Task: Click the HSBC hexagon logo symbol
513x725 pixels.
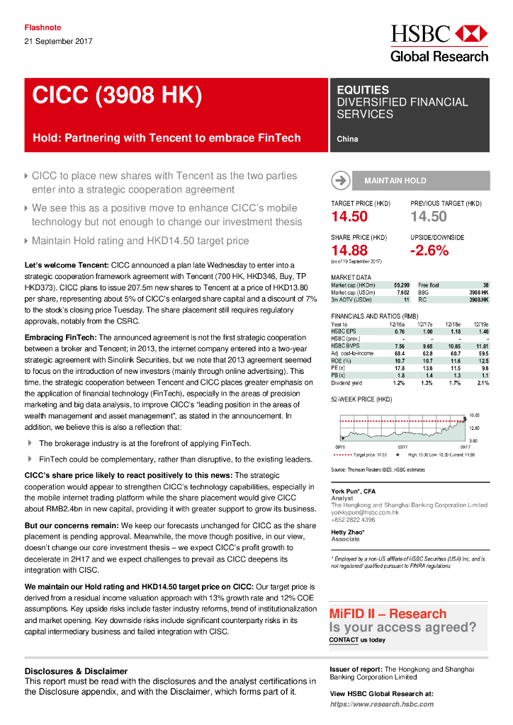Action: pos(471,33)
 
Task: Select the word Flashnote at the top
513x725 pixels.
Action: pos(43,28)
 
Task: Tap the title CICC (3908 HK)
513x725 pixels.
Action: pos(117,96)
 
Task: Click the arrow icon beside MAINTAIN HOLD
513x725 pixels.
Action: pos(341,181)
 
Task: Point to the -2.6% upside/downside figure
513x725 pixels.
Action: pos(429,250)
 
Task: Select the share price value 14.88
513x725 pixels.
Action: pos(349,250)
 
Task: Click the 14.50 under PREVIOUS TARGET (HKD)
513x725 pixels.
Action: pos(428,217)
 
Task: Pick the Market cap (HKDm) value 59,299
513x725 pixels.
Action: pos(401,285)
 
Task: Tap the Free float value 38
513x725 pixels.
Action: pos(485,285)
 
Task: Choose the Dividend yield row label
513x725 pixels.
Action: pos(347,383)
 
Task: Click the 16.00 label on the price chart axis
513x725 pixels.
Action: pos(475,415)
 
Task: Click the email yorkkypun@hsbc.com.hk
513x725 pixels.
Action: pos(365,512)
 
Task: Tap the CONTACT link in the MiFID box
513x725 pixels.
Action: pos(343,639)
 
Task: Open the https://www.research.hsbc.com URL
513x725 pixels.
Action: pos(381,704)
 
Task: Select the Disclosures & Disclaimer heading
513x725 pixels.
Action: pos(76,670)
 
